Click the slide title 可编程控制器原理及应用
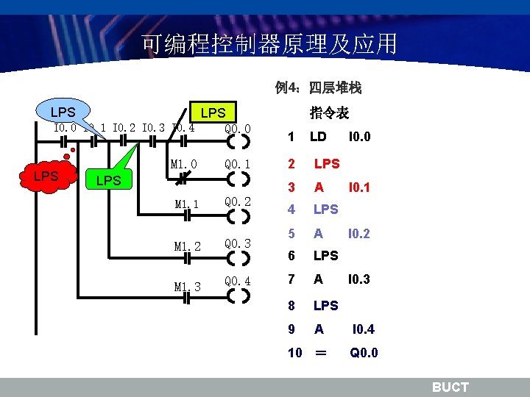pyautogui.click(x=269, y=44)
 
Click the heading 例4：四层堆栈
pyautogui.click(x=318, y=88)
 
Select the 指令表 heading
pyautogui.click(x=329, y=112)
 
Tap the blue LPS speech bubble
pyautogui.click(x=63, y=112)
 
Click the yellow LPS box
pyautogui.click(x=213, y=112)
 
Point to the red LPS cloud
pyautogui.click(x=46, y=176)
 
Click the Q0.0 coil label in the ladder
pyautogui.click(x=238, y=129)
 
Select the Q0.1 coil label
pyautogui.click(x=238, y=164)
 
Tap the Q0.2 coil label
pyautogui.click(x=238, y=202)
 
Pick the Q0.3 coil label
pyautogui.click(x=238, y=243)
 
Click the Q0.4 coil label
pyautogui.click(x=238, y=282)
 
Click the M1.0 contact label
pyautogui.click(x=183, y=163)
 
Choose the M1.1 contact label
pyautogui.click(x=187, y=204)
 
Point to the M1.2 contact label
pyautogui.click(x=187, y=246)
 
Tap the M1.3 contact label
pyautogui.click(x=187, y=287)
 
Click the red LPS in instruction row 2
pyautogui.click(x=326, y=162)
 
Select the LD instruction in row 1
pyautogui.click(x=318, y=137)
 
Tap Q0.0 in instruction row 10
pyautogui.click(x=364, y=352)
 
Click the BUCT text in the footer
pyautogui.click(x=449, y=387)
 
